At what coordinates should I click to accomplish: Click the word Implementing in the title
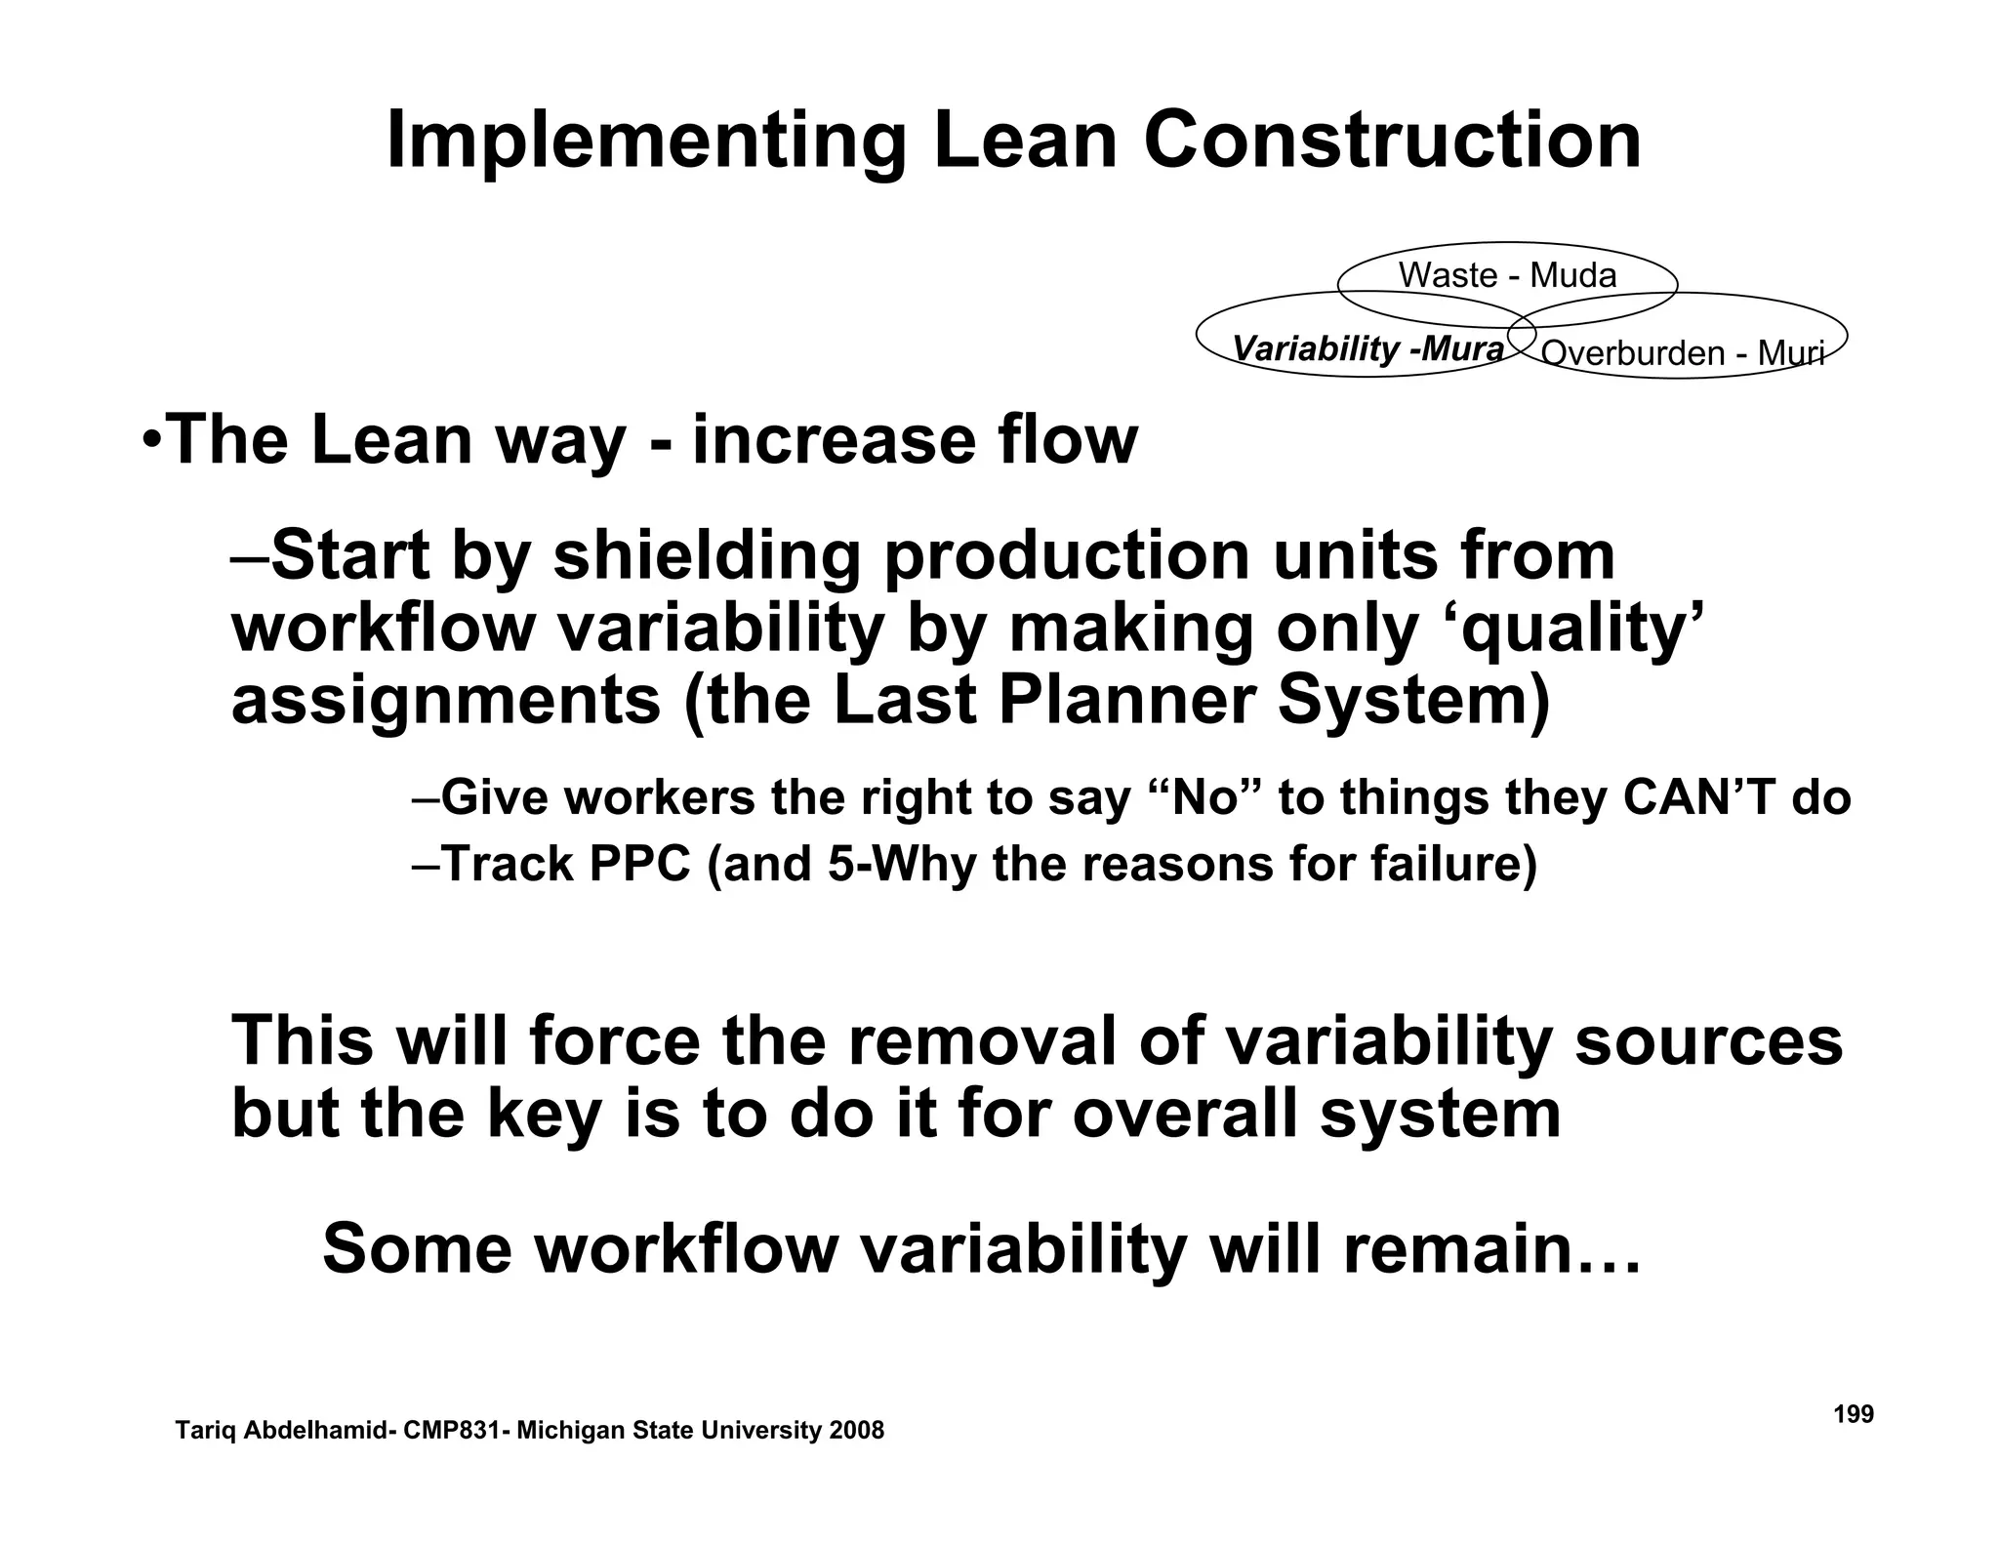pos(645,142)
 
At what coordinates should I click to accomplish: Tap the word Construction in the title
pos(1392,141)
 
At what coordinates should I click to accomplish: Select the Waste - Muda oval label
pos(1507,275)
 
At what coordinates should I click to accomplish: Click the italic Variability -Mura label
pos(1367,348)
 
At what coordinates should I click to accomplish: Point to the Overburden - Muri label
pos(1681,352)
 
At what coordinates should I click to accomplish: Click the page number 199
pos(1853,1414)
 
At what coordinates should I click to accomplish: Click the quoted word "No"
pos(1210,797)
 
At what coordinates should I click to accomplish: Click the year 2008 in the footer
pos(855,1431)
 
